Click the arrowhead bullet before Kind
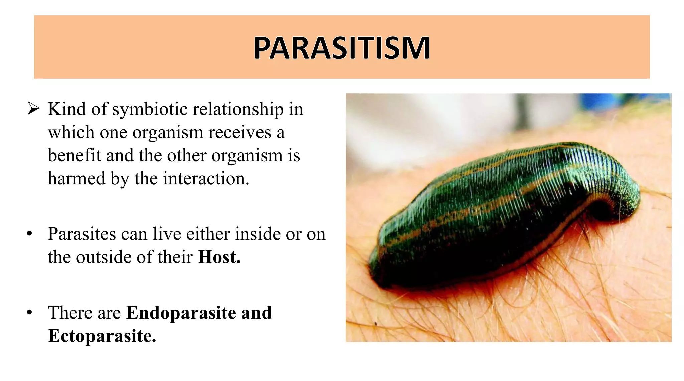click(33, 109)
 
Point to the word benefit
click(74, 155)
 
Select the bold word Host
click(219, 257)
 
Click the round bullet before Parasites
click(30, 234)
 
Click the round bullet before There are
click(30, 313)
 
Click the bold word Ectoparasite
click(102, 336)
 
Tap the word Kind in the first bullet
click(67, 109)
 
